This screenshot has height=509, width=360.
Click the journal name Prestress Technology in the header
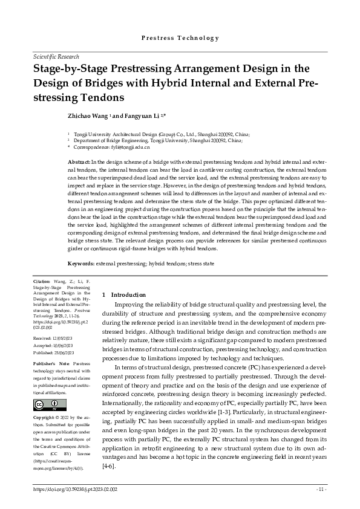pyautogui.click(x=180, y=37)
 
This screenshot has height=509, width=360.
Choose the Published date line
pyautogui.click(x=56, y=352)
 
